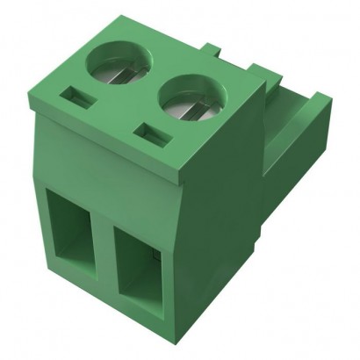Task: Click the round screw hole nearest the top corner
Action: pos(123,64)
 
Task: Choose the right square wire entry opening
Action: pos(138,269)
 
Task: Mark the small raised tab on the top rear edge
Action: pos(211,47)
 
